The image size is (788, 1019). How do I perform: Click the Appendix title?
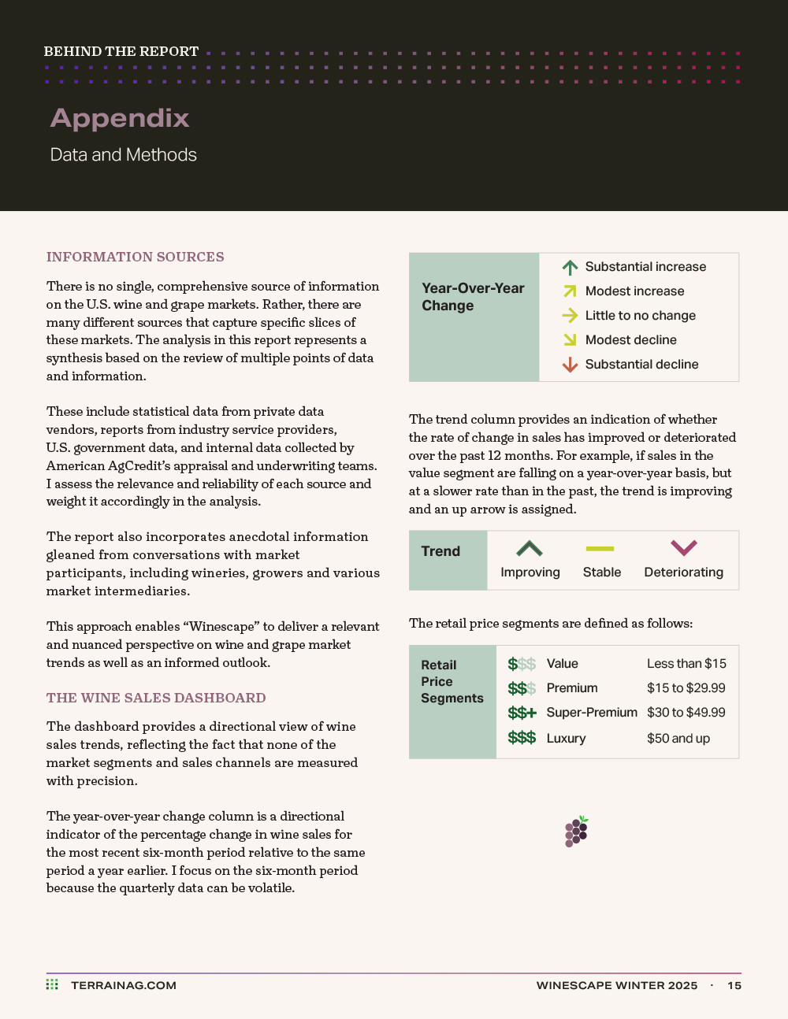pyautogui.click(x=120, y=118)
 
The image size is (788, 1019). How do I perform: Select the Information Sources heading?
pyautogui.click(x=136, y=257)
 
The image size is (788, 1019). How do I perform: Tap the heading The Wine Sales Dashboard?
pyautogui.click(x=156, y=698)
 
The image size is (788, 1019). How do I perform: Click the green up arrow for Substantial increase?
pyautogui.click(x=570, y=268)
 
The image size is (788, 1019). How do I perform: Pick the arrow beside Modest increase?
pyautogui.click(x=570, y=291)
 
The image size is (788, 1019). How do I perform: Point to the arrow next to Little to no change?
pyautogui.click(x=570, y=316)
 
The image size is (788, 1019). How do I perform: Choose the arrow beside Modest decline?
pyautogui.click(x=570, y=340)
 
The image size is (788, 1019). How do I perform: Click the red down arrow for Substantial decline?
pyautogui.click(x=570, y=365)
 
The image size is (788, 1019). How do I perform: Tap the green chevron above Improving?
pyautogui.click(x=530, y=548)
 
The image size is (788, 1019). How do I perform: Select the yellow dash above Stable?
pyautogui.click(x=600, y=549)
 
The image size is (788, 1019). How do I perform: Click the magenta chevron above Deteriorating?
pyautogui.click(x=683, y=547)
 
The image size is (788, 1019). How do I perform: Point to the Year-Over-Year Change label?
pyautogui.click(x=473, y=297)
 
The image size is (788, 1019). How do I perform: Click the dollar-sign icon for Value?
pyautogui.click(x=522, y=665)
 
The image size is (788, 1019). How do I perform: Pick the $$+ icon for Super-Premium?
pyautogui.click(x=522, y=713)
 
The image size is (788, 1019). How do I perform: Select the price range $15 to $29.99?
pyautogui.click(x=686, y=688)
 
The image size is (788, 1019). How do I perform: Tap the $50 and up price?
pyautogui.click(x=678, y=739)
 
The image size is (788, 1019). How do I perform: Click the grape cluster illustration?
pyautogui.click(x=577, y=832)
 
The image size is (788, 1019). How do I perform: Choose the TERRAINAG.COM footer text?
pyautogui.click(x=124, y=985)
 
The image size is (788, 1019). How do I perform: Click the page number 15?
pyautogui.click(x=734, y=986)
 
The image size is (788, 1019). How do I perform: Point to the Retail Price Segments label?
pyautogui.click(x=452, y=681)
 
